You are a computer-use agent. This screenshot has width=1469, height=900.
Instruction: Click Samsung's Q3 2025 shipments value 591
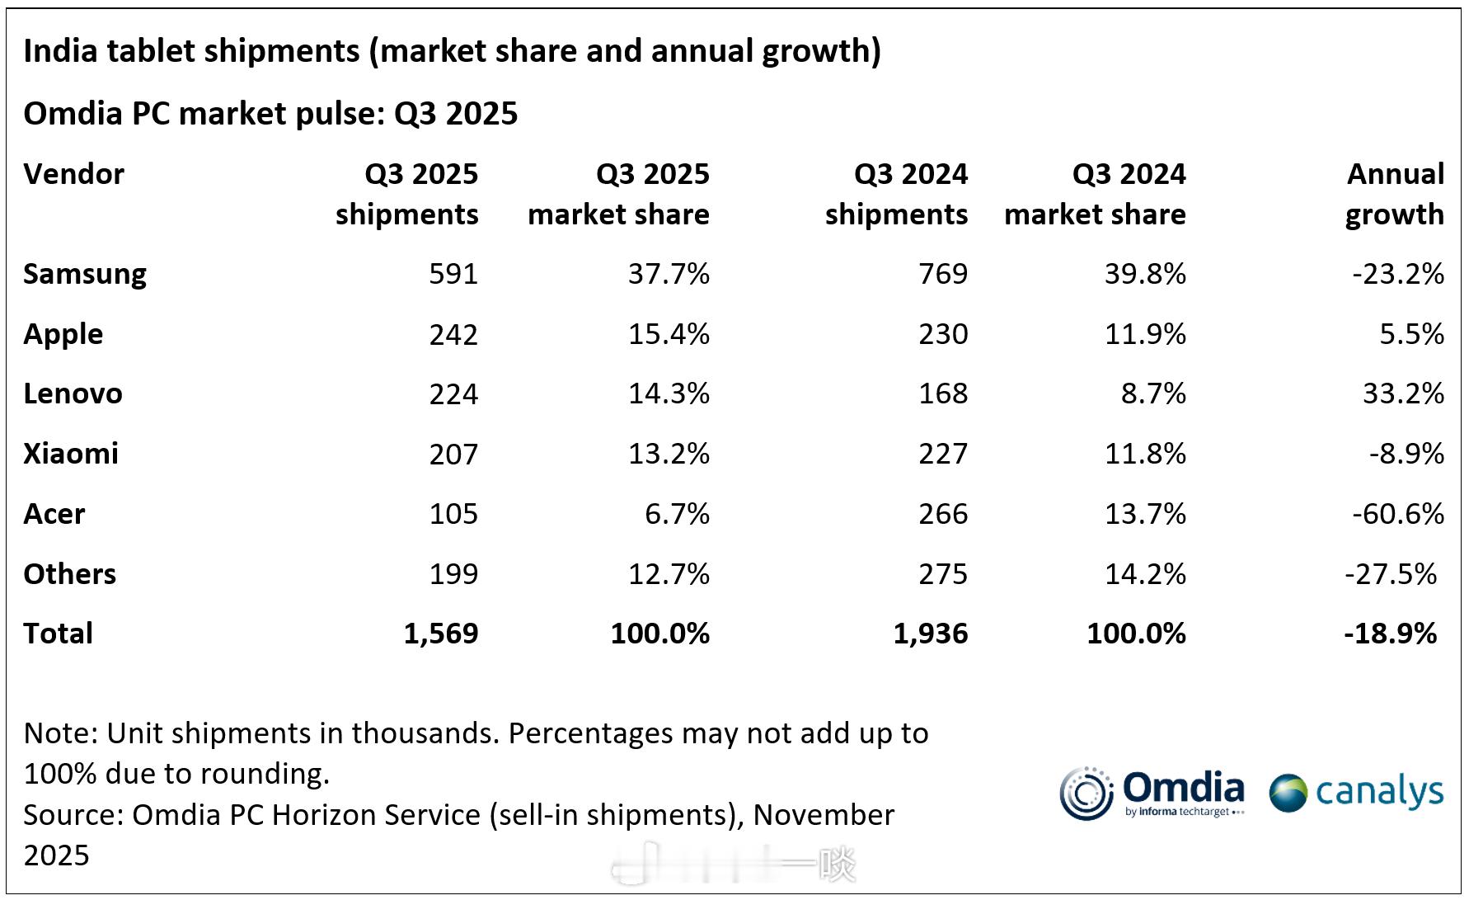(x=453, y=274)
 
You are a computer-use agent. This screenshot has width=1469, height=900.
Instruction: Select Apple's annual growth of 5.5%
(x=1411, y=334)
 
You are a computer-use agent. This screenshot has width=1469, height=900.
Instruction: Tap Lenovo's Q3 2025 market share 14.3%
(x=669, y=393)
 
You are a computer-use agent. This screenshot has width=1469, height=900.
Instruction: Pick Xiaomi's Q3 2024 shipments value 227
(x=943, y=454)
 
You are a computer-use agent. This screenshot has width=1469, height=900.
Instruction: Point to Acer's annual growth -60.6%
(x=1397, y=514)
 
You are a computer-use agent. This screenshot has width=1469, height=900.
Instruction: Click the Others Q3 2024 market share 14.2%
(x=1145, y=574)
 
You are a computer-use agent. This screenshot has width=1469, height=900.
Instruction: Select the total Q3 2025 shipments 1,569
(x=441, y=634)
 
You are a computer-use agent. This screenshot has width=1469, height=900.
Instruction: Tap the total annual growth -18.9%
(x=1390, y=634)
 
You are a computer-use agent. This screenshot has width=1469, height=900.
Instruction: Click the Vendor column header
(x=73, y=174)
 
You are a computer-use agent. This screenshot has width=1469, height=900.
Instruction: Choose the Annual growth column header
(x=1395, y=194)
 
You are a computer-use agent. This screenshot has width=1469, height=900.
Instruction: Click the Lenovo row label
(x=73, y=393)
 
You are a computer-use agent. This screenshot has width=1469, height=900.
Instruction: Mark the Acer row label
(x=54, y=514)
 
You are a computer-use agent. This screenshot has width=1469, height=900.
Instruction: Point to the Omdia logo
(x=1152, y=794)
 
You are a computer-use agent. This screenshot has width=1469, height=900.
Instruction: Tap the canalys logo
(x=1356, y=793)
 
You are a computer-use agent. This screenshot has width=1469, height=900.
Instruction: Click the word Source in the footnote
(x=73, y=815)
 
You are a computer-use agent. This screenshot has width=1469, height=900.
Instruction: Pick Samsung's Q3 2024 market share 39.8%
(x=1145, y=274)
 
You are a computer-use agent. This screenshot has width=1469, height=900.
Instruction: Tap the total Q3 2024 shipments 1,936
(x=931, y=634)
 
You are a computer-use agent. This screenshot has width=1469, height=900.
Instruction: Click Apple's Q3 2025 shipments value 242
(x=453, y=334)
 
